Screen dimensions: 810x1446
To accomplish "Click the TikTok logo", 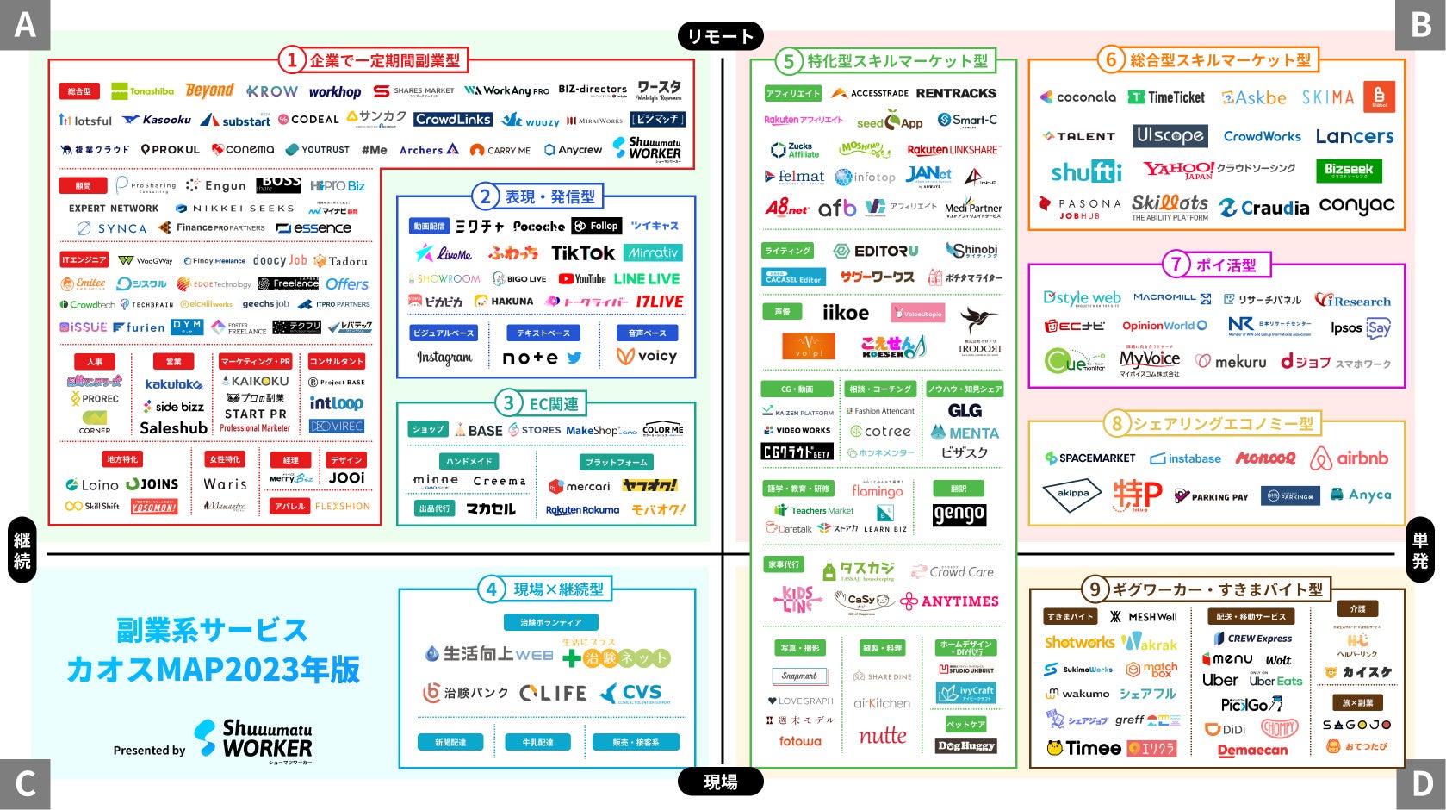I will click(582, 252).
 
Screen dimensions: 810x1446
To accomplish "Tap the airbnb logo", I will click(1349, 458).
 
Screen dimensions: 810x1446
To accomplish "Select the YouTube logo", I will click(582, 279).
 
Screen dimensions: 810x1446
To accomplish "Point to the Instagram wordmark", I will click(444, 357).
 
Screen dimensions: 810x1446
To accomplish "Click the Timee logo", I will click(1083, 748).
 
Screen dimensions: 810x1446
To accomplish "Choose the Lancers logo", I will click(1354, 136).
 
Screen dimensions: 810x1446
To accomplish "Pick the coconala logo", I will click(1077, 97).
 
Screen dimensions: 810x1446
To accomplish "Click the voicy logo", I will click(647, 356).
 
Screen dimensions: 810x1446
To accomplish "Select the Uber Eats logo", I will click(1276, 681).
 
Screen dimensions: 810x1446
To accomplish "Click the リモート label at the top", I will click(720, 36).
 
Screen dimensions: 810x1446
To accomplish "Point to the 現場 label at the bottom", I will click(720, 782).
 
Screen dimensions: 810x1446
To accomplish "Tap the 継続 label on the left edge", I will click(22, 551).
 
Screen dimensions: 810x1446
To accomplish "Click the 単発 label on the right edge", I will click(1420, 551).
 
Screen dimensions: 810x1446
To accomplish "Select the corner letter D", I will click(1421, 784).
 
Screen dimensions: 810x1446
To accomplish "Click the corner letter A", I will click(24, 24).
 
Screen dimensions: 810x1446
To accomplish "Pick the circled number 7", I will click(1176, 264).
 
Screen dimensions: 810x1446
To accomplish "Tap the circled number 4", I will click(491, 589).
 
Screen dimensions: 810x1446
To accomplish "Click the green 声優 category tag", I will click(782, 312).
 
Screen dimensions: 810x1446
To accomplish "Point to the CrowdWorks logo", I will click(1262, 136).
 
